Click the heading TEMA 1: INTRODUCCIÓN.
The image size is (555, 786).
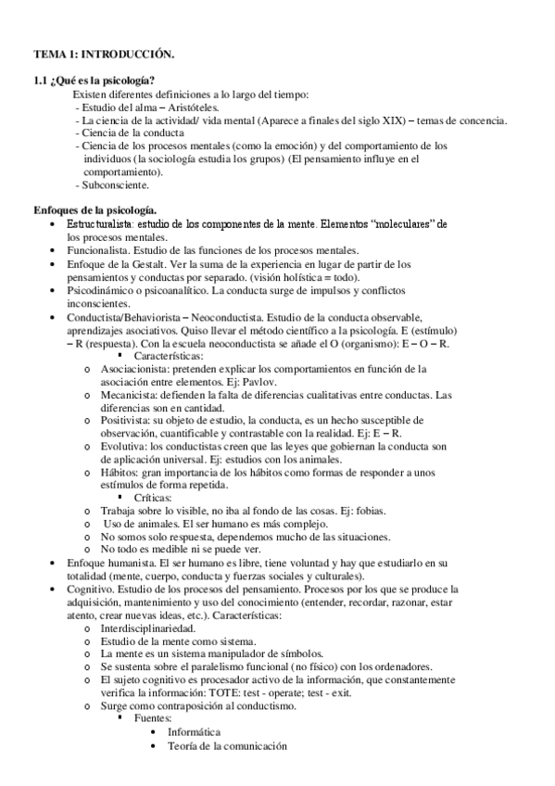coord(103,57)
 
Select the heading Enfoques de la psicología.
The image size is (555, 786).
coord(95,210)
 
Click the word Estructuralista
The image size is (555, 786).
coord(101,224)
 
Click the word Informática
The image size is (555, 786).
coord(194,731)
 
